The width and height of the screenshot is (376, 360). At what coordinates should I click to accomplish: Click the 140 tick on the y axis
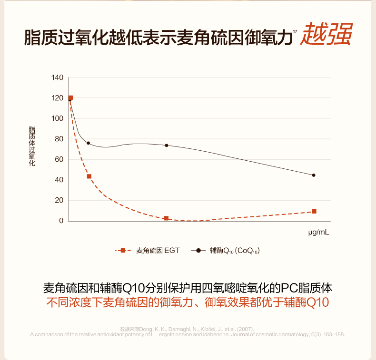click(57, 78)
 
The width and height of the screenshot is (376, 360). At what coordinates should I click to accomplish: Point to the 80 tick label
click(59, 139)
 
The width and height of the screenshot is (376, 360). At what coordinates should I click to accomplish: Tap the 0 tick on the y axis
click(61, 221)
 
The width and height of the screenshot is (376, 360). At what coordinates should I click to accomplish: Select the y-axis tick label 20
click(59, 200)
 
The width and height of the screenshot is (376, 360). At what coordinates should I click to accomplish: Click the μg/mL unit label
click(318, 233)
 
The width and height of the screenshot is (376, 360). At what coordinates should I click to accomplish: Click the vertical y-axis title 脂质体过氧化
click(32, 146)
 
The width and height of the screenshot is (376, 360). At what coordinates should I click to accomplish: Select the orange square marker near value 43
click(89, 176)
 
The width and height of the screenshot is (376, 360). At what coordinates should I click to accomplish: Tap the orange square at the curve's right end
click(314, 211)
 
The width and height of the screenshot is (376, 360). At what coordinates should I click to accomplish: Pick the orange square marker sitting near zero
click(166, 218)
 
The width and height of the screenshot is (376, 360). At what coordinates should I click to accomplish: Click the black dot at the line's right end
click(314, 175)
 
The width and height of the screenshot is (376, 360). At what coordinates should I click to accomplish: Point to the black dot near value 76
click(88, 143)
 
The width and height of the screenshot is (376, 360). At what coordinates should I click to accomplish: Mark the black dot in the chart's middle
click(167, 145)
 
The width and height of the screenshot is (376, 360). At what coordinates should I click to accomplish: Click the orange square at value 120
click(70, 98)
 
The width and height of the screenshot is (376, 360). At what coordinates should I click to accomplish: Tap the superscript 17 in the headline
click(295, 31)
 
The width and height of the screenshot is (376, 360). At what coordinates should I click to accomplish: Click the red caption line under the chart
click(188, 302)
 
